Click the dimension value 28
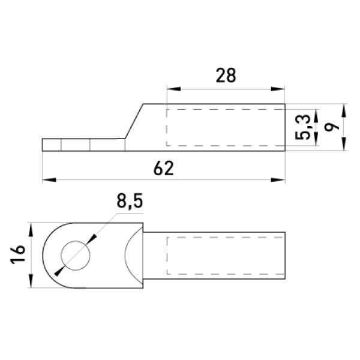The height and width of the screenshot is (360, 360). tap(226, 76)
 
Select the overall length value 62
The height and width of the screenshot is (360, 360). tap(163, 168)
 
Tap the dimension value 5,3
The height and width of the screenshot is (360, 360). tap(302, 127)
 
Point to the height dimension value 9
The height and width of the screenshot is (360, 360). tap(332, 126)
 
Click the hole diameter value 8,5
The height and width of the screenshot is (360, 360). tap(130, 201)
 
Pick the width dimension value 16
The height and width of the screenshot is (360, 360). tap(17, 254)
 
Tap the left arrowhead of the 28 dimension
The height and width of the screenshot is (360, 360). tap(174, 89)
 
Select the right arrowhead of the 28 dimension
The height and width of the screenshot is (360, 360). tap(278, 89)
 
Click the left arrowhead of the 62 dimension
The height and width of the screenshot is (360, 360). tap(49, 180)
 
